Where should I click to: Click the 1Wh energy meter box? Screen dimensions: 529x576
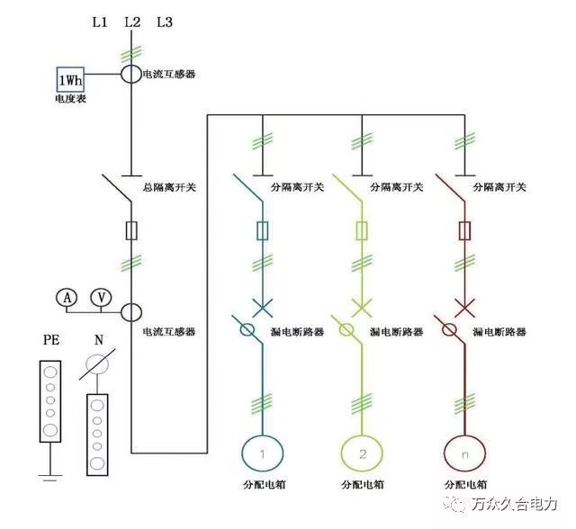click(71, 79)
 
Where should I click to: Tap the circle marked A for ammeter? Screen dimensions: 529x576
click(66, 298)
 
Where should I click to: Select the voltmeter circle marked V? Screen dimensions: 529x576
click(103, 298)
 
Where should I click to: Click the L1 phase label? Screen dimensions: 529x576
click(99, 22)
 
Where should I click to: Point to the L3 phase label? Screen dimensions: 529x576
click(165, 22)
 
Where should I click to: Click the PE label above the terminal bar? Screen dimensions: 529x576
click(52, 342)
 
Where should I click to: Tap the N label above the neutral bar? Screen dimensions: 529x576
click(98, 342)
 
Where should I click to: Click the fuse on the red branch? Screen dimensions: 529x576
click(464, 231)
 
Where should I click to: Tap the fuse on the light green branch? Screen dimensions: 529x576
click(363, 231)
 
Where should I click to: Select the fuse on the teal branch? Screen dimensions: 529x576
click(262, 231)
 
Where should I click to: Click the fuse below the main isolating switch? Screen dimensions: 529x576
click(132, 231)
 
